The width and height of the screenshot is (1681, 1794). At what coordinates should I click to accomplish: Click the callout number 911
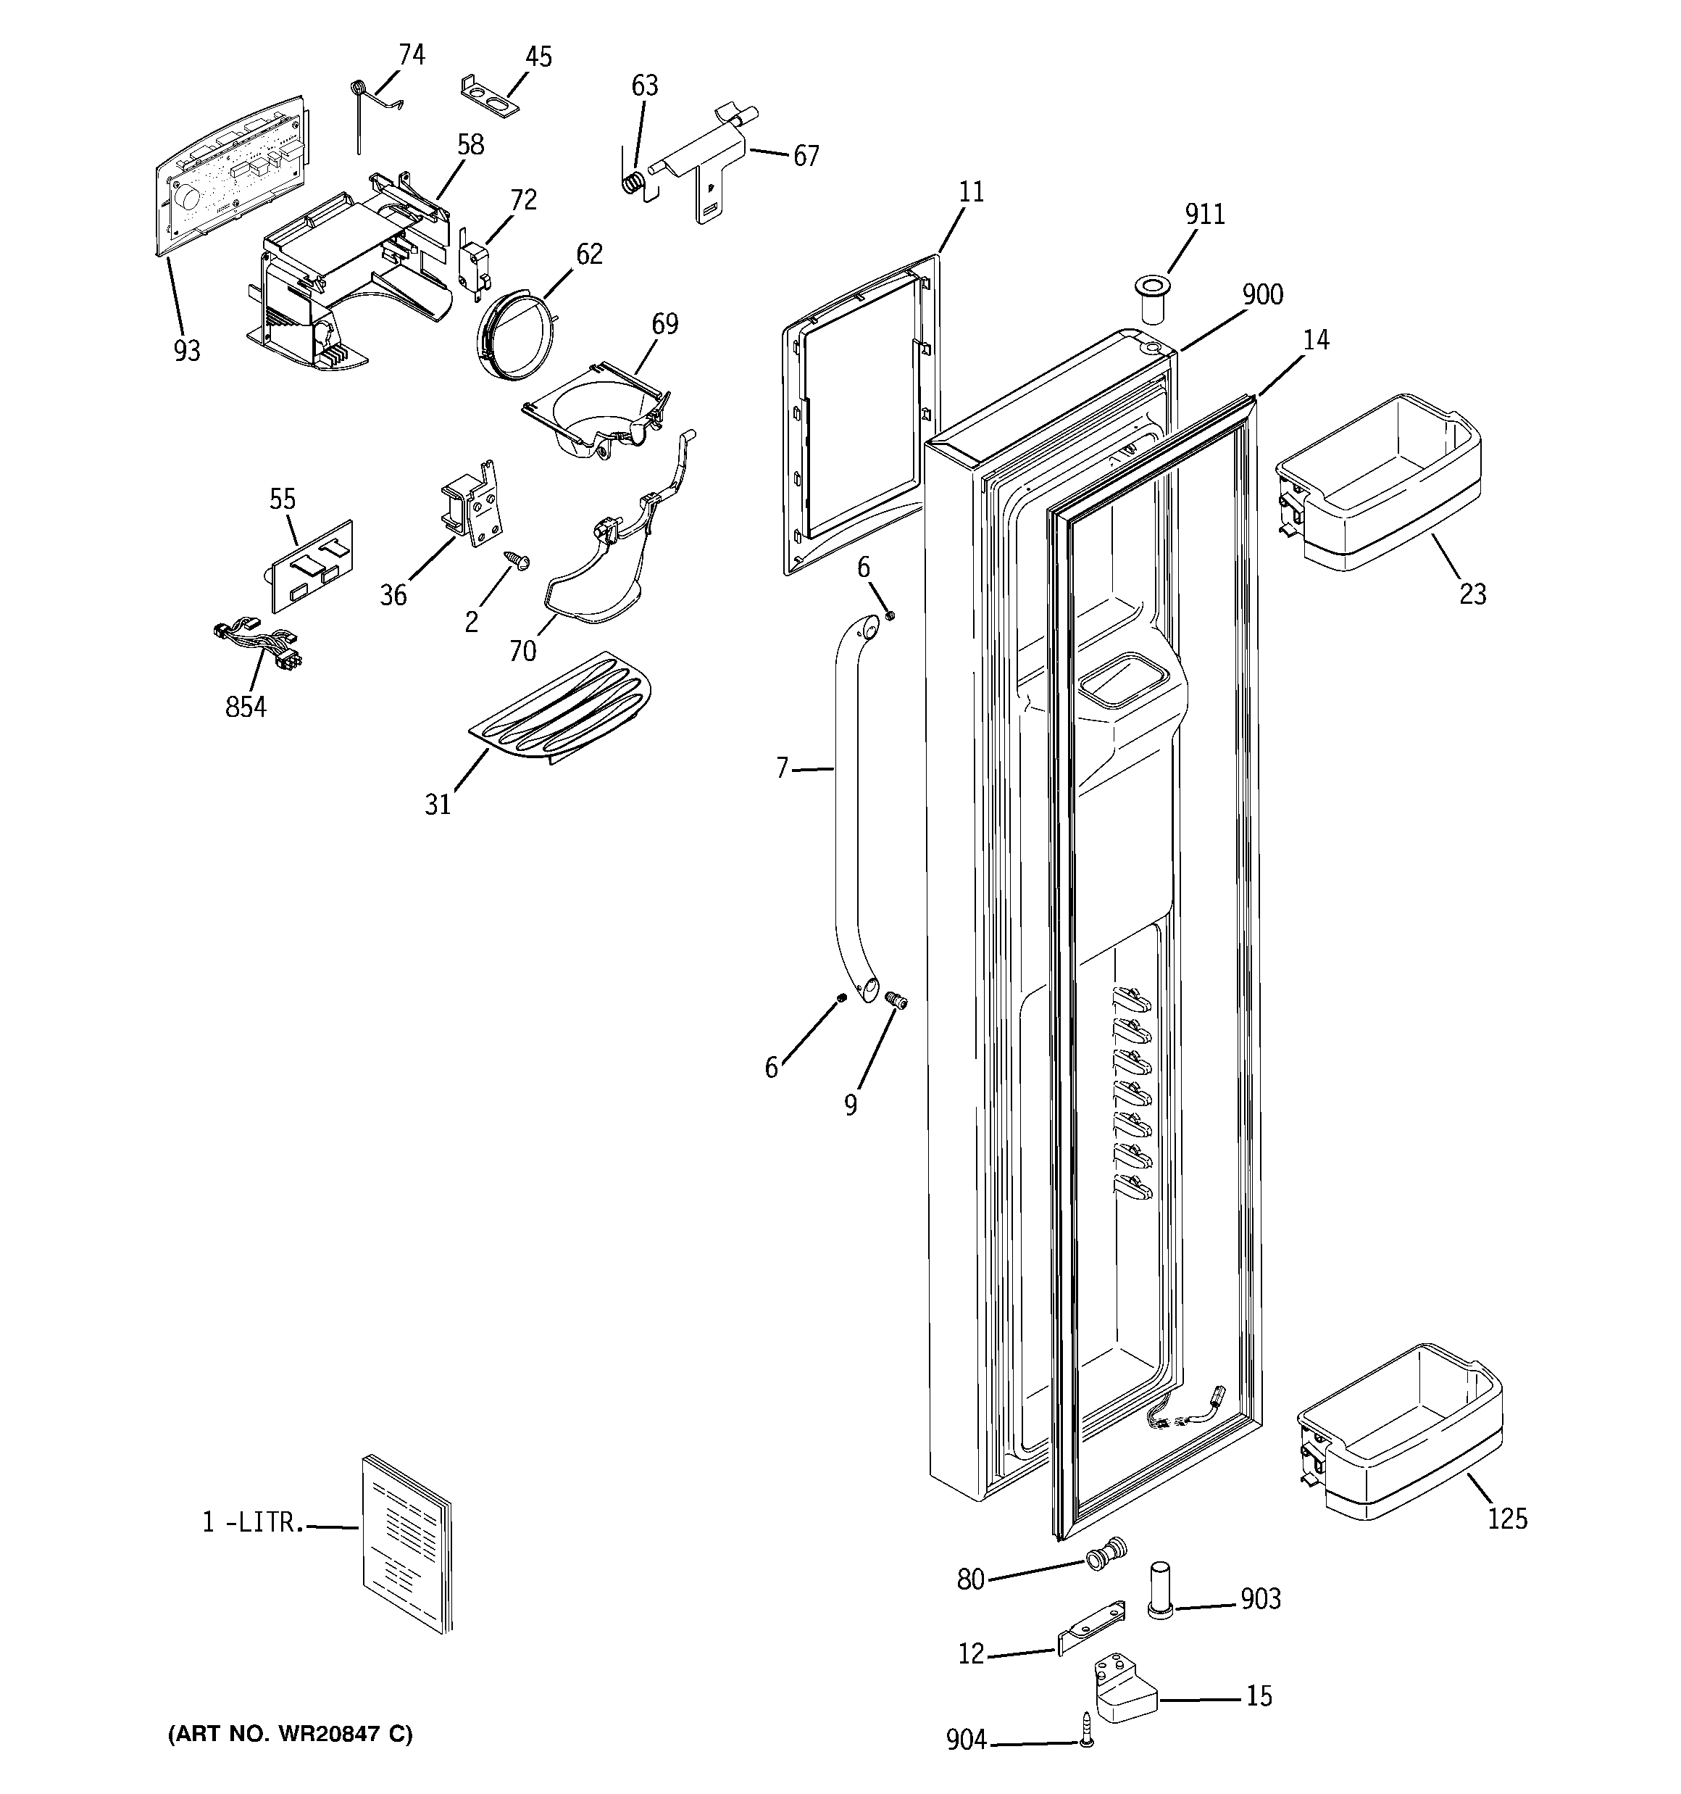coord(1204,214)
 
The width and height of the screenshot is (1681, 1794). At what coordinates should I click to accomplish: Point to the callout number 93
coord(187,350)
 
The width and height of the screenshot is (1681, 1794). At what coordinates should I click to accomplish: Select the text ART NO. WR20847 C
coord(290,1734)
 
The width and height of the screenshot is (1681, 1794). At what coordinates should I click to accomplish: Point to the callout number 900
coord(1262,294)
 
